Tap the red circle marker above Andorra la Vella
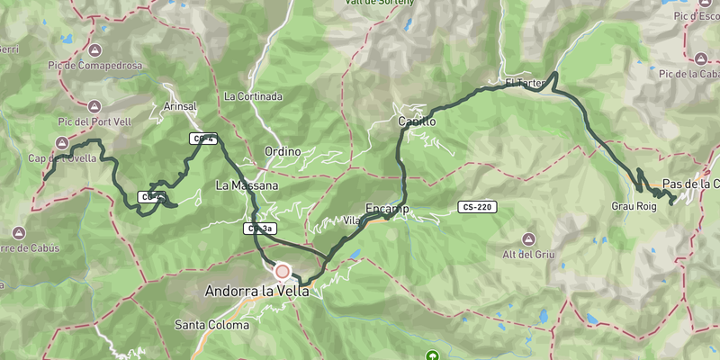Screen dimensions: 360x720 (x=282, y=271)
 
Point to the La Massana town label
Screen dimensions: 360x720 (x=247, y=185)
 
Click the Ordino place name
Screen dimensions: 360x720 (x=282, y=151)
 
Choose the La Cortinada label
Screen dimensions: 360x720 (x=254, y=96)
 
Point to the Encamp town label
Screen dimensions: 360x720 (x=388, y=209)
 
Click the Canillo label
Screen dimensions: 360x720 (x=417, y=121)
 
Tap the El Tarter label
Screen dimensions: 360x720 (x=525, y=84)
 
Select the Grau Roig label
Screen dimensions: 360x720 (x=634, y=205)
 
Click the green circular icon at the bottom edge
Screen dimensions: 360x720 (x=433, y=356)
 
